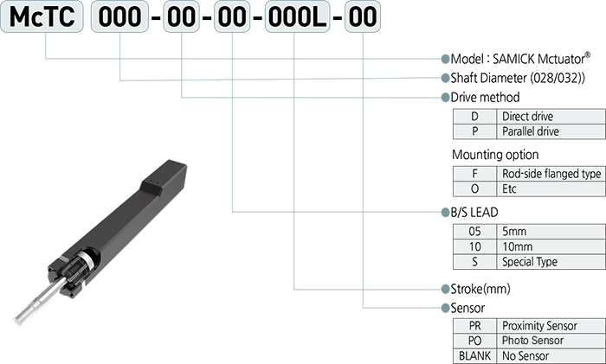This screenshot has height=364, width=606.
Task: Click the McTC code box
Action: (x=42, y=16)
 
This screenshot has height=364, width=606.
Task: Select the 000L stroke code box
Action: (x=297, y=16)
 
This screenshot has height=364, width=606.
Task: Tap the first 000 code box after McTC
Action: (x=119, y=16)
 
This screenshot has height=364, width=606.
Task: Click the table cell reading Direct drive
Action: (x=551, y=117)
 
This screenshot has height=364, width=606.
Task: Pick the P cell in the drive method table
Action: (x=474, y=131)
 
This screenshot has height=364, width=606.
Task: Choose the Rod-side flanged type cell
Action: (x=551, y=174)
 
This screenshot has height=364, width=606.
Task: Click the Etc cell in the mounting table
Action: (x=551, y=189)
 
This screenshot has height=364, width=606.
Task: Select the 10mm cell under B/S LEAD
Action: (x=551, y=246)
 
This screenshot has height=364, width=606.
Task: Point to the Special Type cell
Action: (x=551, y=262)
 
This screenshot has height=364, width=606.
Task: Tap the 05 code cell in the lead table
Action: (x=474, y=232)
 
